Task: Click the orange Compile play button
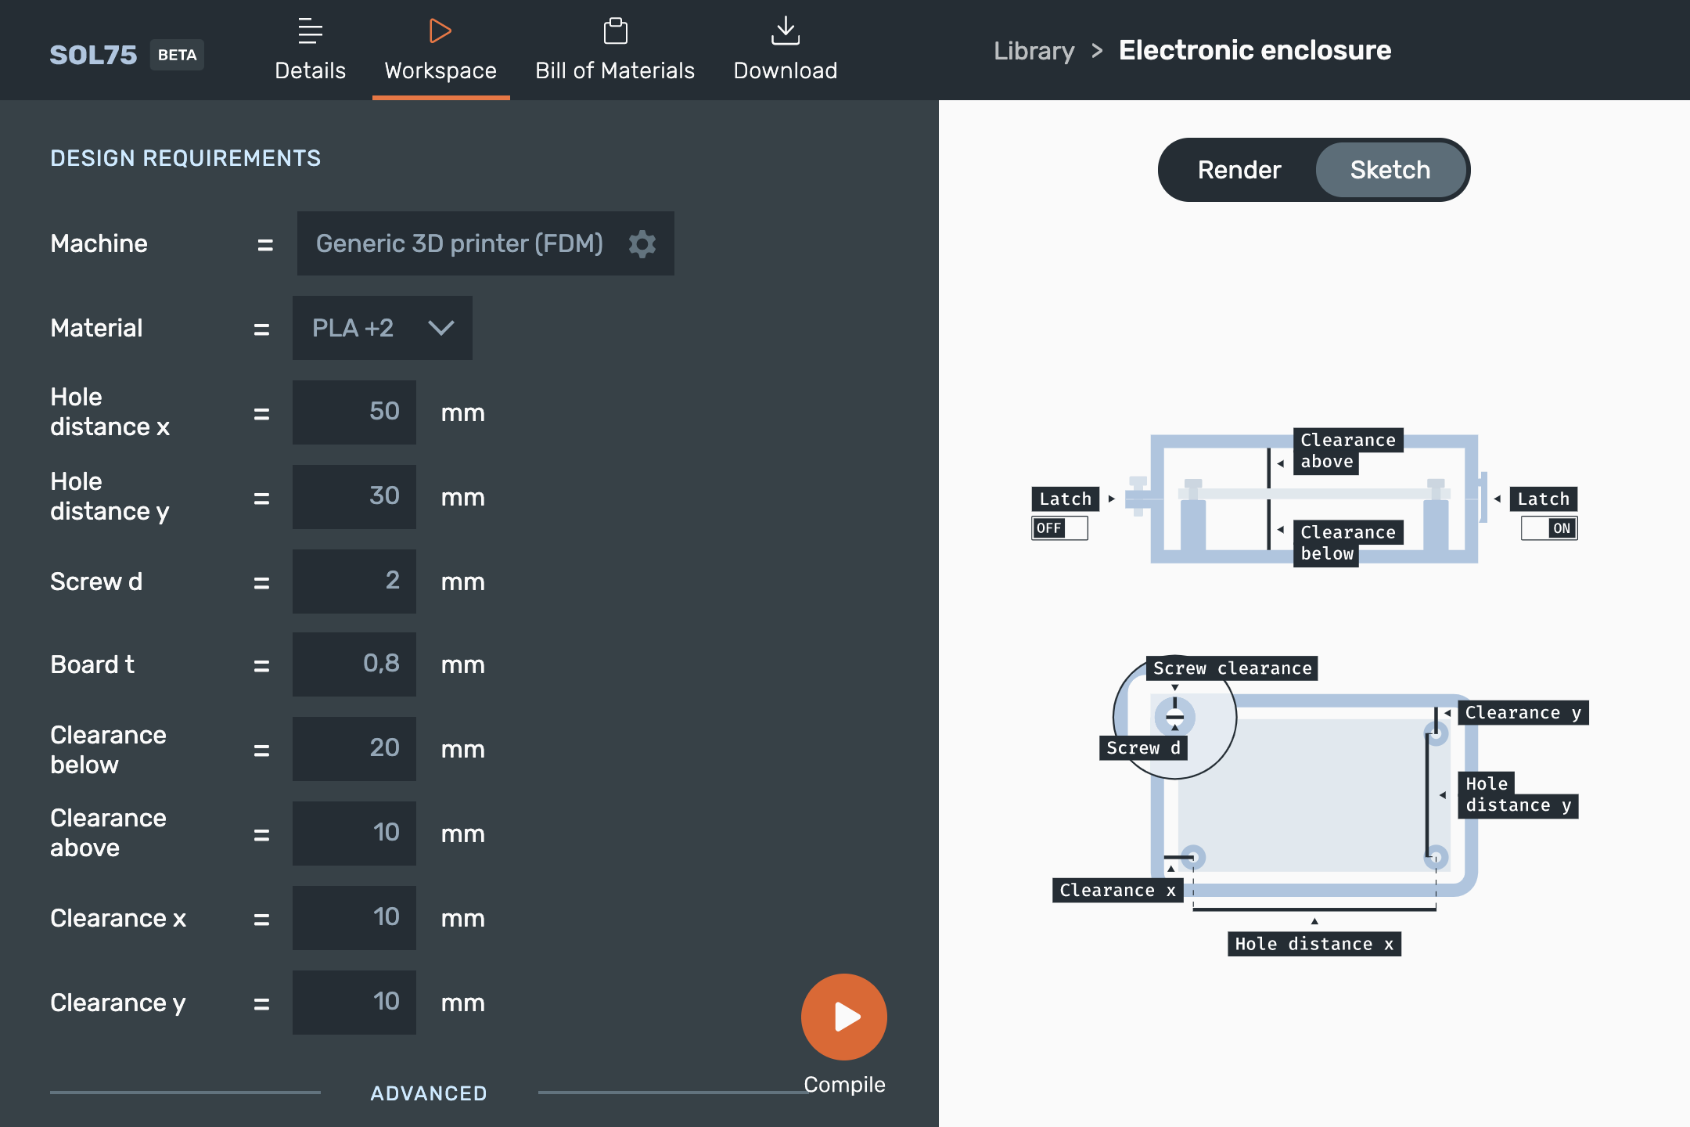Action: point(843,1017)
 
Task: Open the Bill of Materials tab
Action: point(615,50)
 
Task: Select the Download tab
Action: point(786,50)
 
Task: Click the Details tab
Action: point(310,50)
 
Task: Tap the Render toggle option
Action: point(1239,170)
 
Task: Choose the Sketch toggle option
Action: point(1390,170)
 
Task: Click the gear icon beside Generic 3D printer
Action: point(642,243)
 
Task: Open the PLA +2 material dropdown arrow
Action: point(441,328)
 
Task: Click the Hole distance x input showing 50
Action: point(354,412)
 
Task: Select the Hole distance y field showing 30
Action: point(354,497)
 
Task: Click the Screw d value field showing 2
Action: point(354,582)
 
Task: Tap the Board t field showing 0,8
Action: point(354,664)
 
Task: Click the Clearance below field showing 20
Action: point(354,749)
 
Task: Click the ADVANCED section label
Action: point(429,1093)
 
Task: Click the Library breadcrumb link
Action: point(1034,51)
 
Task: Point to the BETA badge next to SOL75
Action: point(177,55)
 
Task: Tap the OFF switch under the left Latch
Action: point(1059,528)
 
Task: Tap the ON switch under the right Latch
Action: point(1549,528)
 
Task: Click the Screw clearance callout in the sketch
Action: point(1232,668)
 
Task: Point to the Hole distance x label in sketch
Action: point(1314,944)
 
